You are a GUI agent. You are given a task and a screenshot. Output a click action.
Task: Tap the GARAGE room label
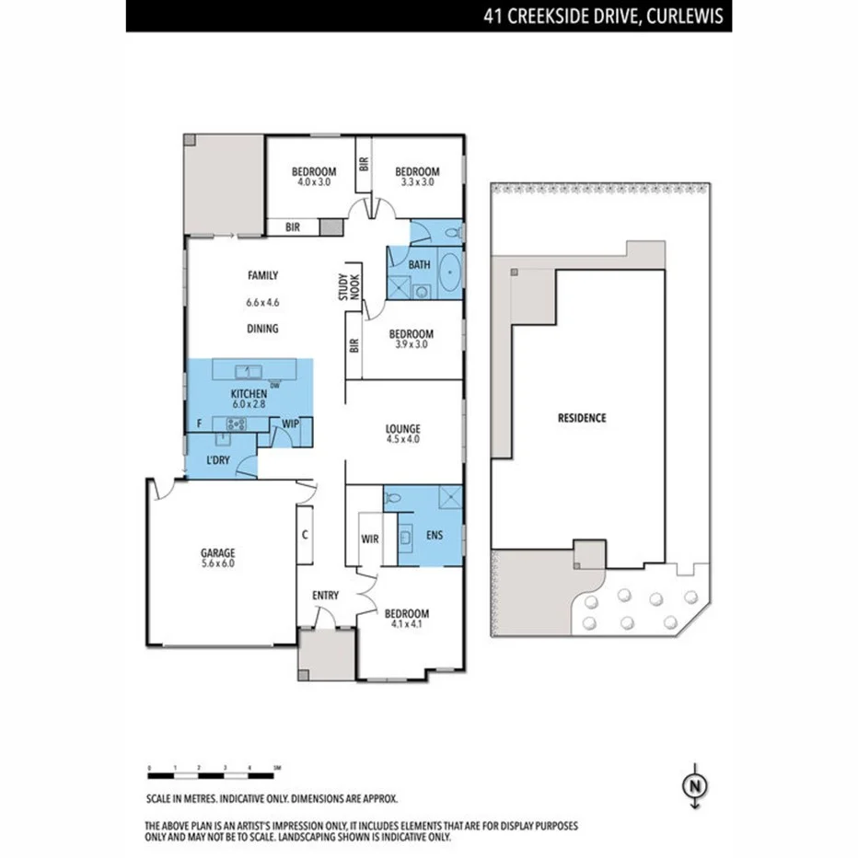point(218,553)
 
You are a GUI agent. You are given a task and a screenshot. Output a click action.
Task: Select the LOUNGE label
point(403,428)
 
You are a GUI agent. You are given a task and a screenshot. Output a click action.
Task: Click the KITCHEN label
point(249,393)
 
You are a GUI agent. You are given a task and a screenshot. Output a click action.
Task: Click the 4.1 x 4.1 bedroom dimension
point(406,625)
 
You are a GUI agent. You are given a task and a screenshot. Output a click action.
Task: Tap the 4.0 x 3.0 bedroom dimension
point(313,182)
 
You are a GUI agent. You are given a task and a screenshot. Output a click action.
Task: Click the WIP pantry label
point(290,423)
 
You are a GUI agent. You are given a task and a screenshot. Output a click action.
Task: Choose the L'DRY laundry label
point(217,459)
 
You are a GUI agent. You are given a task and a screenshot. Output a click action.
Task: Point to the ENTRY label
point(325,596)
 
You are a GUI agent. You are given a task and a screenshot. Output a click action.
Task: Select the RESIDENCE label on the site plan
point(582,417)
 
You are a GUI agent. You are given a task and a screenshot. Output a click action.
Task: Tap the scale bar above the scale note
point(214,767)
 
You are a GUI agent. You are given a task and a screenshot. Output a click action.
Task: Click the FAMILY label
point(262,274)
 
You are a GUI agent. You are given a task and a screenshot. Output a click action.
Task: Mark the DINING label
point(262,329)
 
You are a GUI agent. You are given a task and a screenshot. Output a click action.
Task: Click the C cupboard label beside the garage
point(304,533)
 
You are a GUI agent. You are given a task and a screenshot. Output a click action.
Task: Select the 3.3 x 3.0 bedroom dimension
point(417,182)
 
